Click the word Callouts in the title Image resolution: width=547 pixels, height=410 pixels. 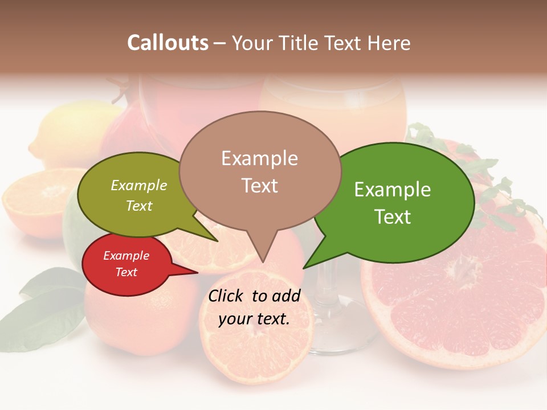pyautogui.click(x=168, y=43)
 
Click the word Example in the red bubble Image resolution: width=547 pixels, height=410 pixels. pyautogui.click(x=126, y=256)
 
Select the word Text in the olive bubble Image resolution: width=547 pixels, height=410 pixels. pyautogui.click(x=139, y=206)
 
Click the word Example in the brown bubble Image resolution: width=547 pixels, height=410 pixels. pyautogui.click(x=259, y=158)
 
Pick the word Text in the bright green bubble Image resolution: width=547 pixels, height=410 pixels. pyautogui.click(x=393, y=217)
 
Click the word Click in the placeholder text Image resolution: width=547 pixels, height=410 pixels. pyautogui.click(x=226, y=296)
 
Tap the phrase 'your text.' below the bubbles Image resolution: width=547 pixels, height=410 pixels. pyautogui.click(x=254, y=319)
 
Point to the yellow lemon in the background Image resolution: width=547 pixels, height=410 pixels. pyautogui.click(x=63, y=131)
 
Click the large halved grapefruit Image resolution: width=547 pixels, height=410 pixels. pyautogui.click(x=462, y=296)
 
